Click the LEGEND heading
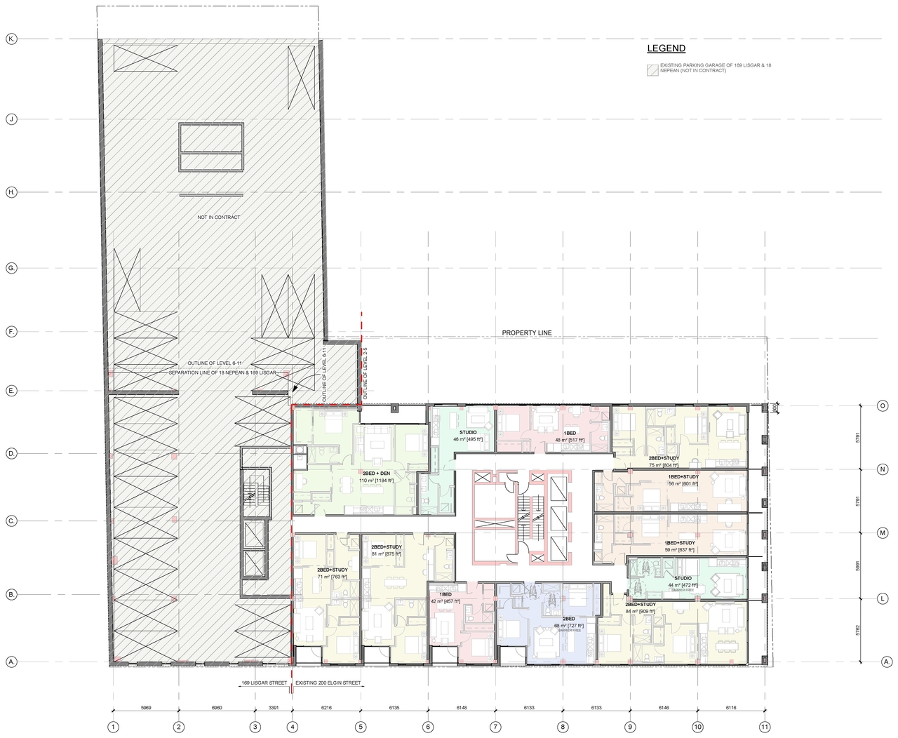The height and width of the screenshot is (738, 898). coord(666,48)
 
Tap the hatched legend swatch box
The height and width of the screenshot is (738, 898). coord(653,70)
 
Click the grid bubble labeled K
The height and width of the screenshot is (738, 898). coord(11,39)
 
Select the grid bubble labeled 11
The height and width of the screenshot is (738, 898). coord(765,727)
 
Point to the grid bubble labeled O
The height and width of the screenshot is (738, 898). coord(884,405)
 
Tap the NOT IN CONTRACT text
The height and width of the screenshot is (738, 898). coord(219,217)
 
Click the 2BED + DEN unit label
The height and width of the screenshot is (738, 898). coord(376,473)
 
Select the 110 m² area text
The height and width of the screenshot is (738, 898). coord(376,481)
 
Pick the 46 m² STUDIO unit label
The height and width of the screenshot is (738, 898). coord(468,432)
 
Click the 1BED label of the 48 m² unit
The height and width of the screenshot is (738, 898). coord(570,434)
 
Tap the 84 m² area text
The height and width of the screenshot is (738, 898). coord(640,611)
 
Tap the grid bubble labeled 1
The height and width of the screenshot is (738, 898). coord(112,727)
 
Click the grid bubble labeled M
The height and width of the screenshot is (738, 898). coord(884,533)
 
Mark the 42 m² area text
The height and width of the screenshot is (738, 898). coord(445,601)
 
